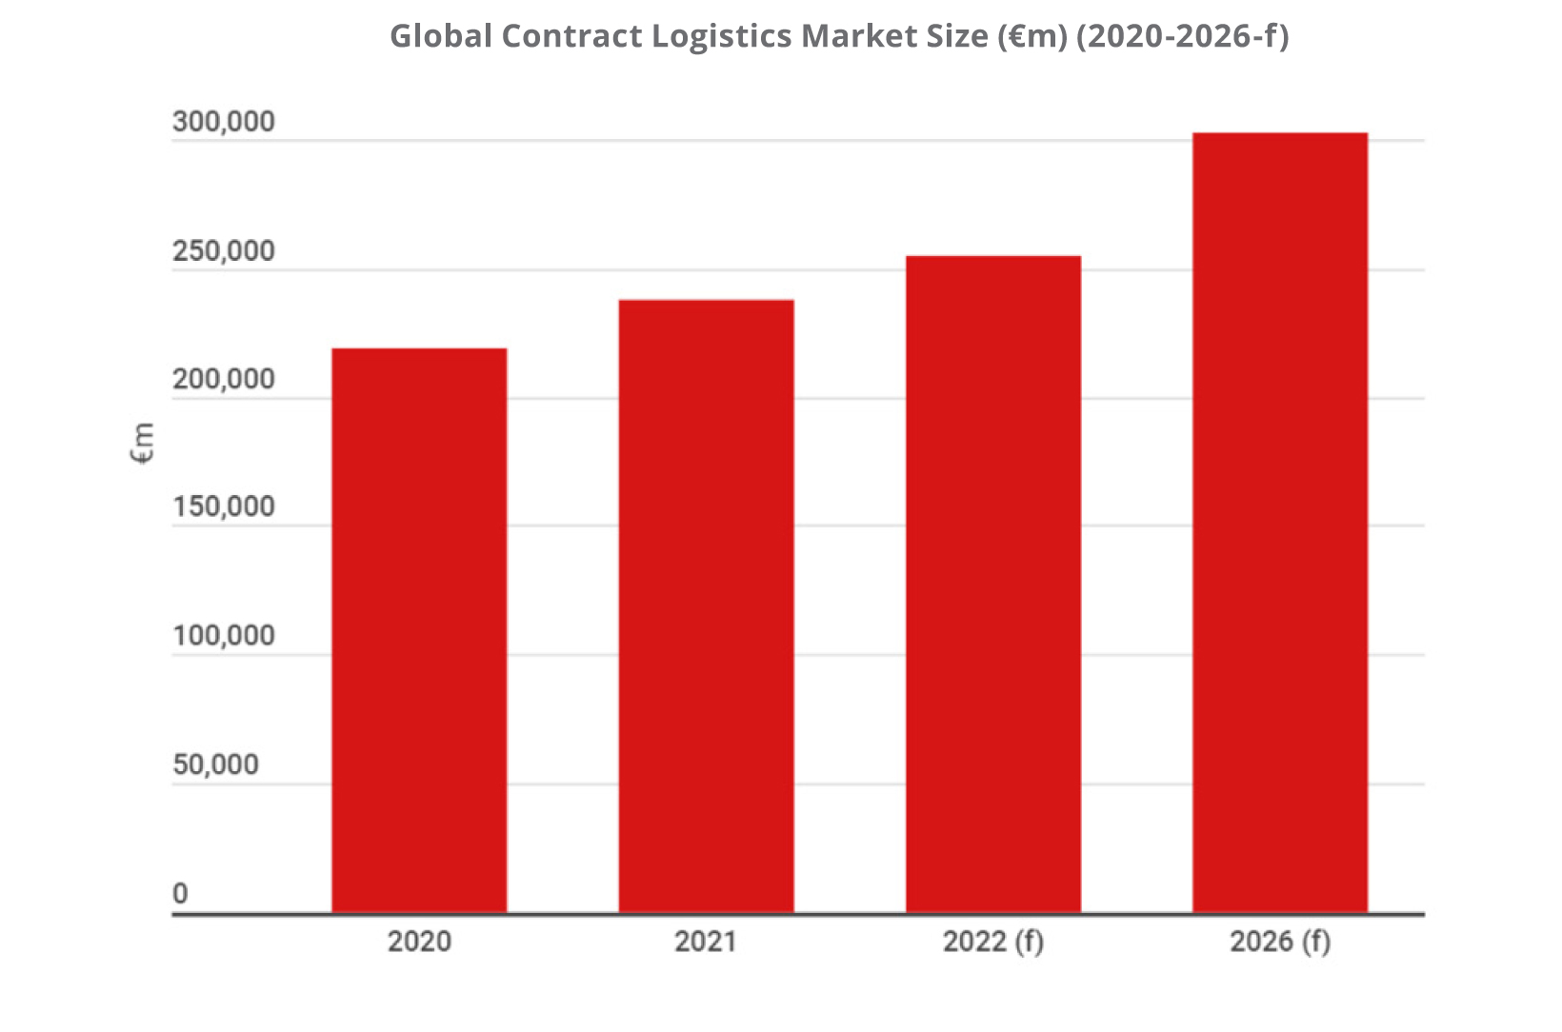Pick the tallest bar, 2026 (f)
point(1279,523)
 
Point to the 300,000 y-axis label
point(223,122)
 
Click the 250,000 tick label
point(223,251)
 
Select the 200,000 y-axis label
point(223,380)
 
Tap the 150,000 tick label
point(223,506)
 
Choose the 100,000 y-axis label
point(223,636)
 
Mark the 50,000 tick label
point(215,764)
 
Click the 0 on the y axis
point(180,894)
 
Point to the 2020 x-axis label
point(419,942)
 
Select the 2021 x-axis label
point(706,942)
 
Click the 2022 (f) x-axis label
point(992,942)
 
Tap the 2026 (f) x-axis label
point(1279,942)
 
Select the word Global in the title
point(441,36)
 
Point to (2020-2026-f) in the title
point(1182,36)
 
